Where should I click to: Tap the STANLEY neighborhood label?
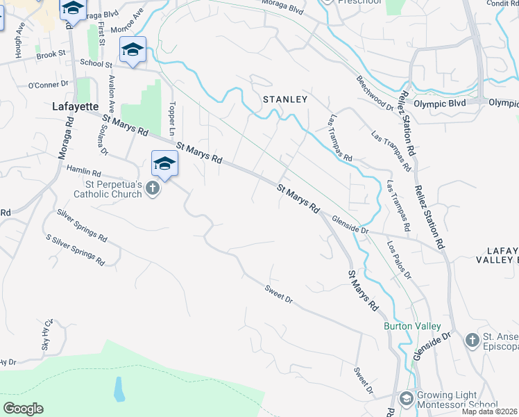[x=284, y=99]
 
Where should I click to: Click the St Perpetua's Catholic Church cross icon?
[x=153, y=189]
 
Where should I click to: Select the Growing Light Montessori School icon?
[x=406, y=399]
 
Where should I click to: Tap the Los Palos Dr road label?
[x=399, y=261]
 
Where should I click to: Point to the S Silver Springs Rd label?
[x=74, y=250]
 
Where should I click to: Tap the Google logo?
[x=23, y=409]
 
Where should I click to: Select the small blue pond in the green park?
[x=119, y=390]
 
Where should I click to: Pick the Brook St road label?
[x=51, y=54]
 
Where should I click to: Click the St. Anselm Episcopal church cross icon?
[x=472, y=340]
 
